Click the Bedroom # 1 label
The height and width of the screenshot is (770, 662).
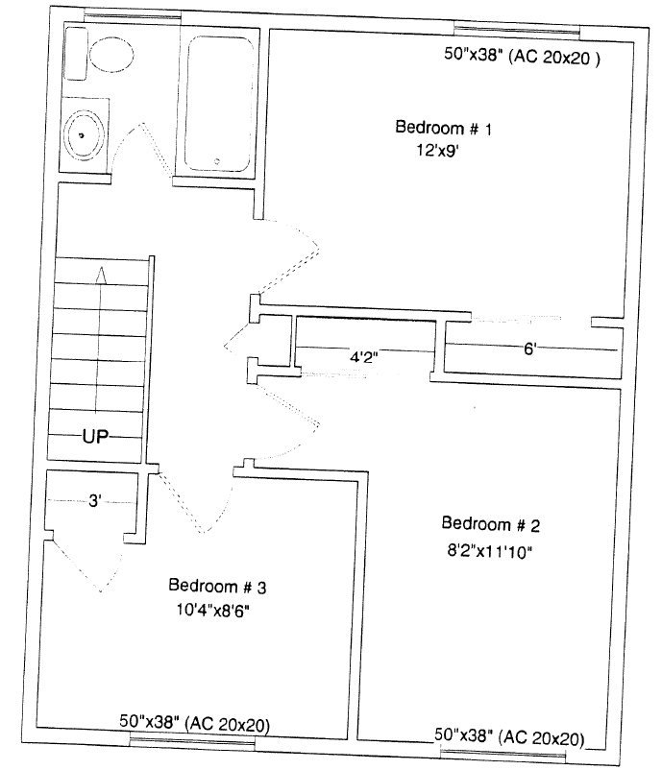[x=443, y=128]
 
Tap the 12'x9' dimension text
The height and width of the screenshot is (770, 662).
[x=437, y=150]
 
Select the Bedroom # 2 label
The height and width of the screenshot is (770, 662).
[x=490, y=524]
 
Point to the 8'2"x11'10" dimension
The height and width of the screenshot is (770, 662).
[x=489, y=551]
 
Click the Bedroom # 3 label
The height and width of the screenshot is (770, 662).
[x=217, y=586]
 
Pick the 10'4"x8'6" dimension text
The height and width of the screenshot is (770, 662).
[x=213, y=611]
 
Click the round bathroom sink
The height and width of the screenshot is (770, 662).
[x=85, y=135]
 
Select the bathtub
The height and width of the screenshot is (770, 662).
[x=219, y=104]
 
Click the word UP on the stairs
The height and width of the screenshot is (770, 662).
[x=96, y=436]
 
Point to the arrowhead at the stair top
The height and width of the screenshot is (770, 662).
[x=101, y=275]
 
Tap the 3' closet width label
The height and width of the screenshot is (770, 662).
[x=95, y=501]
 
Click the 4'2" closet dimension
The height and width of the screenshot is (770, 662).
[x=364, y=356]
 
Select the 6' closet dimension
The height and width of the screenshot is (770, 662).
[x=529, y=349]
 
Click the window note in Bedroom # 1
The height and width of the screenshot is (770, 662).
[x=522, y=56]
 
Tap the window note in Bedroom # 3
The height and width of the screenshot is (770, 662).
[x=195, y=723]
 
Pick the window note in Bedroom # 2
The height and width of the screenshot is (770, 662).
[x=509, y=736]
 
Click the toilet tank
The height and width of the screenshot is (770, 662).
[x=77, y=53]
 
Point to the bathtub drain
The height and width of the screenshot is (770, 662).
[x=217, y=160]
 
